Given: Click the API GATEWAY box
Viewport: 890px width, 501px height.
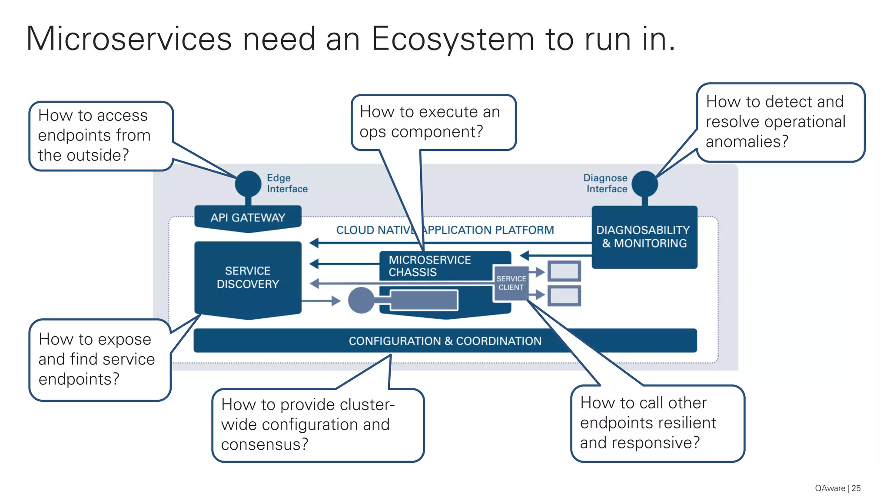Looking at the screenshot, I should (x=248, y=217).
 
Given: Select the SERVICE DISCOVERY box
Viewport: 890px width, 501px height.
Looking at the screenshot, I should (x=248, y=277).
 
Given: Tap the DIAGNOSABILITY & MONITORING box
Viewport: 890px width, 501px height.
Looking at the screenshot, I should (x=644, y=237).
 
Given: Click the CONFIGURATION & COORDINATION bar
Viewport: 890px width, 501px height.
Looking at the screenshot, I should (x=445, y=341).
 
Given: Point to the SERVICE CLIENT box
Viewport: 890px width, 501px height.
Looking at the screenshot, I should (x=511, y=283).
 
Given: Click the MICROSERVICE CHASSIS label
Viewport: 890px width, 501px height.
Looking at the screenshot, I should (x=429, y=266).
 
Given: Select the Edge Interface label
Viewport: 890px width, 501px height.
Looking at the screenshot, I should (x=287, y=183).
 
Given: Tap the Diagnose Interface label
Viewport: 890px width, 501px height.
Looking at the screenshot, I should (x=606, y=183).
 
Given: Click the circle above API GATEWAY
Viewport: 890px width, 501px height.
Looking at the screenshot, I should (x=248, y=184).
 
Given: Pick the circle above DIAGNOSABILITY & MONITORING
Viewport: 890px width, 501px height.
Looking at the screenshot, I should (x=644, y=184).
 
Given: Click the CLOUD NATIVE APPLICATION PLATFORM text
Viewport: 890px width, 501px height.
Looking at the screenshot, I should (x=445, y=230).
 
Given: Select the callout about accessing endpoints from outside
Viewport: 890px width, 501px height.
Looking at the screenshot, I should (x=101, y=136).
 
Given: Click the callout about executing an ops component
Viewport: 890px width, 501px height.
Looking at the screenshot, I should (x=433, y=122).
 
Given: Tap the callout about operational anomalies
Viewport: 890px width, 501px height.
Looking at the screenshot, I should (x=780, y=122).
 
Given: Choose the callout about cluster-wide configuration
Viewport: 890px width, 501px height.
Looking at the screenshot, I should (x=318, y=424).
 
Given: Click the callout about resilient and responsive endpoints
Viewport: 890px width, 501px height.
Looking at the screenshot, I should (x=657, y=423).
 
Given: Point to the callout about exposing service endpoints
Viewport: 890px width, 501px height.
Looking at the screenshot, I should (x=100, y=359).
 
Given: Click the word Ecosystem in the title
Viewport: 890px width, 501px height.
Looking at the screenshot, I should (x=452, y=39).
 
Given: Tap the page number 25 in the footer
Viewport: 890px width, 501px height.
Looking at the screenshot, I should (x=856, y=488).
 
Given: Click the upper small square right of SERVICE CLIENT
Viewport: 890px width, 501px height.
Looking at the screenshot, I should (x=564, y=271).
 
